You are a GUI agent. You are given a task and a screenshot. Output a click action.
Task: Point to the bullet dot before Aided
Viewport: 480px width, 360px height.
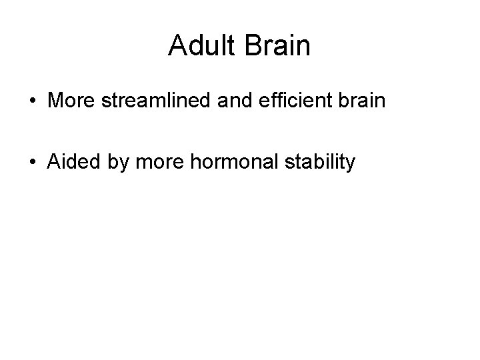(32, 162)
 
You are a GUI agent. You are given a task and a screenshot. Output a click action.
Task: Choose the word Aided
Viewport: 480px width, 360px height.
(71, 161)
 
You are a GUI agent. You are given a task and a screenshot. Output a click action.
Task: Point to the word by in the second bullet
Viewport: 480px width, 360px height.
(115, 163)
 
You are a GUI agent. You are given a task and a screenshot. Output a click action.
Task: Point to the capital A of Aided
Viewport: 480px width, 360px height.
(54, 161)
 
